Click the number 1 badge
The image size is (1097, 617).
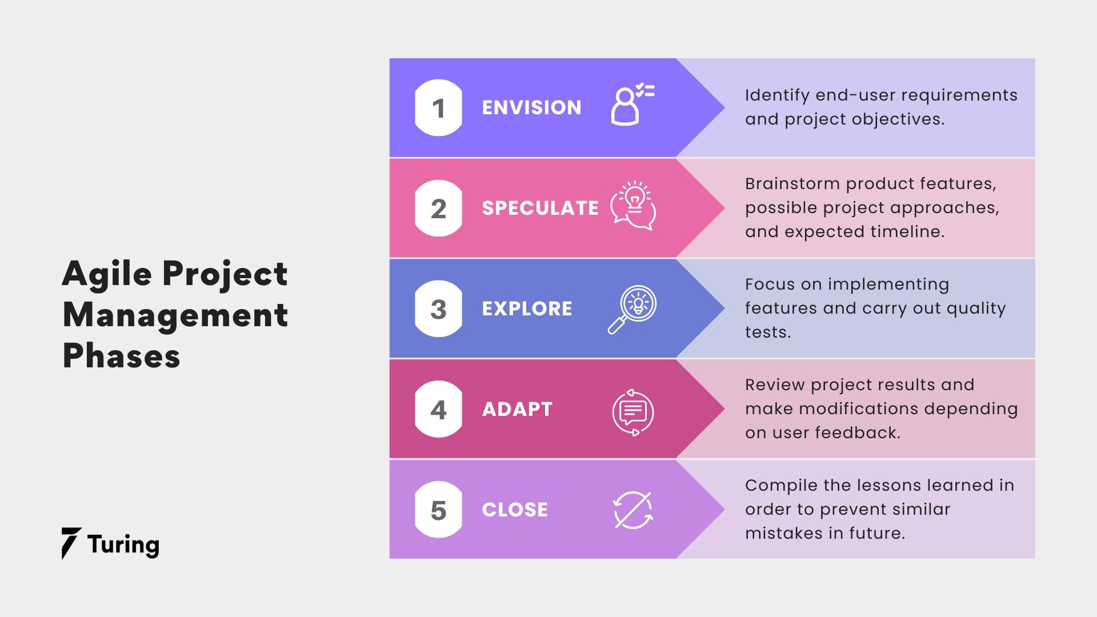click(x=438, y=108)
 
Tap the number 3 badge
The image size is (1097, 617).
click(x=438, y=309)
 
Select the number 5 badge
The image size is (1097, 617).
click(x=438, y=510)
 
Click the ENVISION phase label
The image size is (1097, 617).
click(x=531, y=108)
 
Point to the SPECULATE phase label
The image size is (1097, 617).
click(x=540, y=209)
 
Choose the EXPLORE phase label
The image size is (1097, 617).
click(x=527, y=309)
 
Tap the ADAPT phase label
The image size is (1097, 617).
click(x=517, y=410)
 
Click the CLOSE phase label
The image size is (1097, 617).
click(x=515, y=510)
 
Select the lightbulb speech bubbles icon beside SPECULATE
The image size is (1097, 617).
click(x=633, y=206)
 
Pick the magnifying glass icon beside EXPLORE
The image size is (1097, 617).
click(x=632, y=309)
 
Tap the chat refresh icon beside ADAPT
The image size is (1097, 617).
click(x=633, y=412)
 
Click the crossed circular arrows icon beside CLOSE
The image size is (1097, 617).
click(x=633, y=510)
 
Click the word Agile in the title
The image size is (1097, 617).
click(x=107, y=274)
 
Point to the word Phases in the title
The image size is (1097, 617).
click(x=121, y=356)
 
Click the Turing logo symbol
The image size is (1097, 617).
click(x=71, y=543)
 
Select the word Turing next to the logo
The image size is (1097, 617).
click(x=123, y=545)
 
